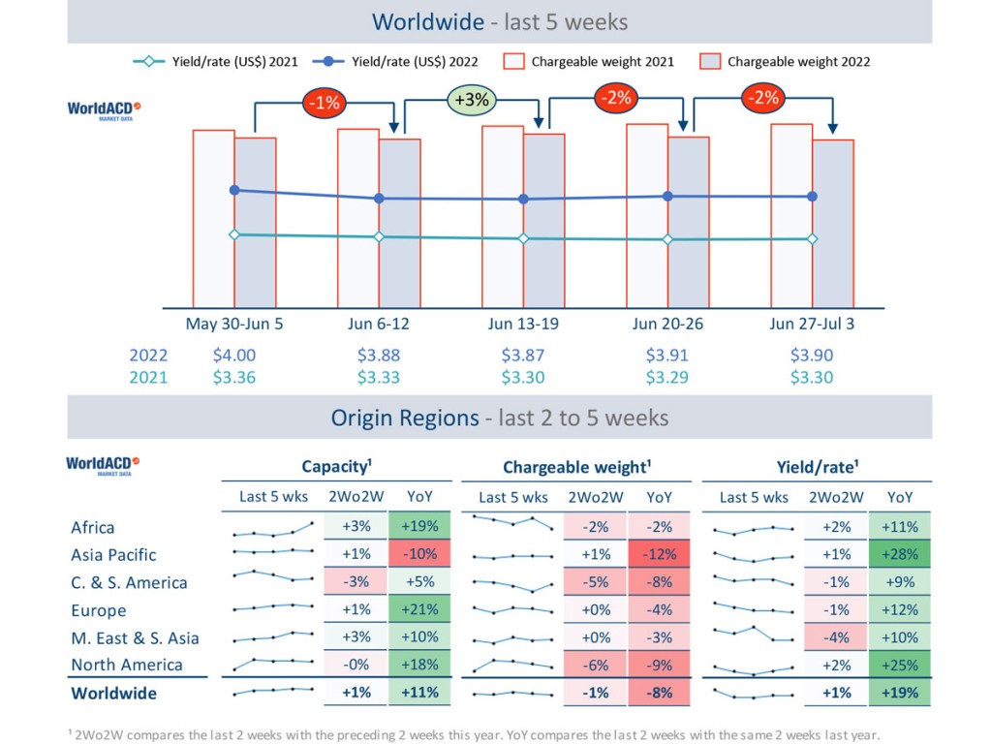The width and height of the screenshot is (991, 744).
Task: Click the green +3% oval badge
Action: click(472, 100)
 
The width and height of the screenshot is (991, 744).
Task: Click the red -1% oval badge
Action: click(323, 103)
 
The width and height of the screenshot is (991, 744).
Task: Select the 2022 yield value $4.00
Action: click(234, 356)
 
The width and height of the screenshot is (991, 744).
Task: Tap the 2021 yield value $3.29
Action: click(666, 377)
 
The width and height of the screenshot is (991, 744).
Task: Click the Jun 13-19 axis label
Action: click(523, 324)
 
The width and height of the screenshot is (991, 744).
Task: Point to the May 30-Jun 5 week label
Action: click(234, 324)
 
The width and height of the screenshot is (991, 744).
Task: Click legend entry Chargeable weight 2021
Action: click(590, 61)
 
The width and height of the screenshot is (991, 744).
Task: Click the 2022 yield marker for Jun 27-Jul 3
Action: click(812, 197)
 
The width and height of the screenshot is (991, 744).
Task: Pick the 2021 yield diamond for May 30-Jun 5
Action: click(234, 234)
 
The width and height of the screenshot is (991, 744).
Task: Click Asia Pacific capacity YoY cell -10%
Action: click(419, 555)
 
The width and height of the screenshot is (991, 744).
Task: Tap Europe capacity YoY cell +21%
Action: click(419, 610)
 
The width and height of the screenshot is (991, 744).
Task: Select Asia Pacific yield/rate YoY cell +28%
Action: click(900, 555)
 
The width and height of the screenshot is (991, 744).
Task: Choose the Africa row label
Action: click(93, 528)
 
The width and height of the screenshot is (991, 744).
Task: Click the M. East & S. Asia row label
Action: click(135, 637)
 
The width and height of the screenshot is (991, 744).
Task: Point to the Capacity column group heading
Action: click(336, 466)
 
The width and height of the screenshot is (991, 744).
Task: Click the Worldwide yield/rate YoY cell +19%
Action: click(900, 693)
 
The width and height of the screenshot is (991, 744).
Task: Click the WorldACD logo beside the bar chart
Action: click(104, 109)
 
